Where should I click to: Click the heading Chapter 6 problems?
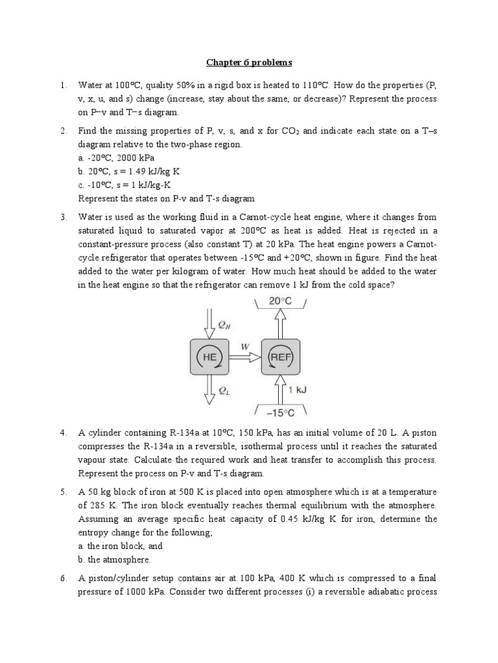pos(249,63)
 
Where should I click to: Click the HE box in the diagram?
pos(207,357)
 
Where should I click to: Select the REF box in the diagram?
pos(280,357)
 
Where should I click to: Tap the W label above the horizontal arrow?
pos(245,346)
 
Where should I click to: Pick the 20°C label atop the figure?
pos(279,302)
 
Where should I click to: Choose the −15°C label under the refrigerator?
pos(280,412)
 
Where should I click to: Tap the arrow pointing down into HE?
pos(207,323)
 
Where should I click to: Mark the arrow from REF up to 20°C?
pos(280,323)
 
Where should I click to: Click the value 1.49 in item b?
pos(141,171)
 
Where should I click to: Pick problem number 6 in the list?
pos(63,578)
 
